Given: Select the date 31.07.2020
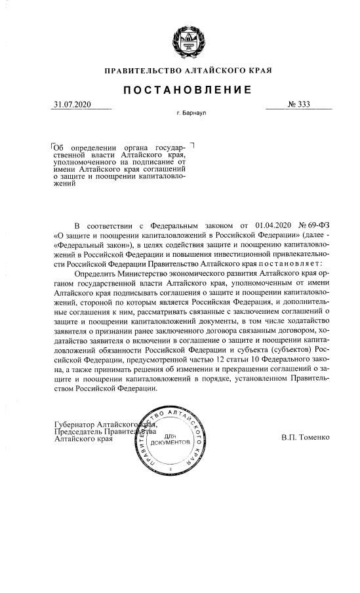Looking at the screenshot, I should click(72, 105).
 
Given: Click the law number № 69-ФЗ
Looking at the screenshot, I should click(315, 223).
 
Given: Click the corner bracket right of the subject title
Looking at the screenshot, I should click(191, 144).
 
